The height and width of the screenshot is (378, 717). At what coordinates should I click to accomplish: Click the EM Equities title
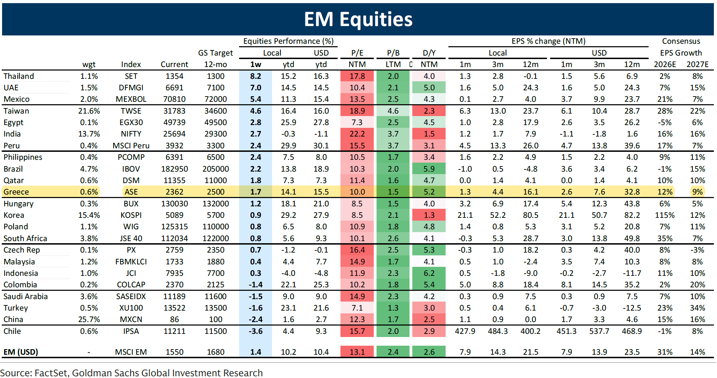pos(358,19)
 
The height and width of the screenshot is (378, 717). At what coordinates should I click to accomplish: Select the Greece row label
pos(16,192)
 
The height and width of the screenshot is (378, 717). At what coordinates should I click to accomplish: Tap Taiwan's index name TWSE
pos(131,111)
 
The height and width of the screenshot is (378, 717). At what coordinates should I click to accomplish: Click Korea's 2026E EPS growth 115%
pos(665,215)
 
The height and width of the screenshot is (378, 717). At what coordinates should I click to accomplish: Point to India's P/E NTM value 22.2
pos(357,134)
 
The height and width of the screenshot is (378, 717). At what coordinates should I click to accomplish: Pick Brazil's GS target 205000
pos(216,169)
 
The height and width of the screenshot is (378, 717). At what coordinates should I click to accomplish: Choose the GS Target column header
pos(216,53)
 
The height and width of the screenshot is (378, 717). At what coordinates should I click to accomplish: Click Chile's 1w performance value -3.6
pos(255,331)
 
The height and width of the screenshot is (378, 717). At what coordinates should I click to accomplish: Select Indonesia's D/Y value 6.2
pos(429,273)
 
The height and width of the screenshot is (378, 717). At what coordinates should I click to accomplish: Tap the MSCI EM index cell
pos(131,352)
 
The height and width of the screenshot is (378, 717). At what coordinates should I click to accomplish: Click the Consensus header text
pos(681,41)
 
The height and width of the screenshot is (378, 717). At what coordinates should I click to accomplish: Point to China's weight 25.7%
pos(89,319)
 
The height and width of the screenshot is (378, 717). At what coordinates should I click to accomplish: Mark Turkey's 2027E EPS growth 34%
pos(697,308)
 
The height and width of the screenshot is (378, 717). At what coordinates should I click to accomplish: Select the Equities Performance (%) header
pos(288,41)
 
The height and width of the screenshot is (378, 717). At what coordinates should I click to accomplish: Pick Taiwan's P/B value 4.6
pos(393,111)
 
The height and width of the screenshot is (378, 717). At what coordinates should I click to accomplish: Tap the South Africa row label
pos(25,238)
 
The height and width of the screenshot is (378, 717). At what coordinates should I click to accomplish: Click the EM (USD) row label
pos(21,352)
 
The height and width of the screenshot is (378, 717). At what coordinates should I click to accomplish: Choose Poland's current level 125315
pos(174,227)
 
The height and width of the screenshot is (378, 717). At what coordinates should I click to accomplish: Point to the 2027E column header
pos(697,64)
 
